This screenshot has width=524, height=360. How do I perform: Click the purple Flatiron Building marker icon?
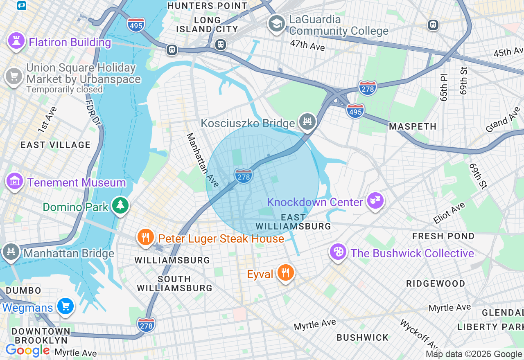(16, 41)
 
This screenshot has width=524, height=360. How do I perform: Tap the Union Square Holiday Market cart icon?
(14, 76)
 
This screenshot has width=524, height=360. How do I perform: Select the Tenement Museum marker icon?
(14, 181)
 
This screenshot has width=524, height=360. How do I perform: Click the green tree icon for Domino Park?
(120, 206)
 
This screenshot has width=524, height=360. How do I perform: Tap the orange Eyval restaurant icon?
(285, 273)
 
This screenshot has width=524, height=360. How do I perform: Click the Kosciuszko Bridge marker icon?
(307, 122)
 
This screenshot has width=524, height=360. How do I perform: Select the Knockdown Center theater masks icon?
(375, 201)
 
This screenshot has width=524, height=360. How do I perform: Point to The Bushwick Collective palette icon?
(339, 252)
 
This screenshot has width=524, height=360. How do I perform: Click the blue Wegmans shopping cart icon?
(65, 306)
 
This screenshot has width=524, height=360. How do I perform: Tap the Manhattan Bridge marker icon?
(11, 252)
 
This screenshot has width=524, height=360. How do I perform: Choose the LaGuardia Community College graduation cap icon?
(276, 24)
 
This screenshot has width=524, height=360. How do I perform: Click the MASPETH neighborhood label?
(412, 127)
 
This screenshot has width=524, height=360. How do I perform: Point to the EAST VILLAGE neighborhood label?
(56, 145)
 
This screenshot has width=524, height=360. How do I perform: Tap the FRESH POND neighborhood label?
(443, 236)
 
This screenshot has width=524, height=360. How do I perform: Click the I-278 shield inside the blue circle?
(244, 176)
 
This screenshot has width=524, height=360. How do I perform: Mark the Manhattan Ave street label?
(203, 160)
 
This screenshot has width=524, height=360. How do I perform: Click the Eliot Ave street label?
(449, 213)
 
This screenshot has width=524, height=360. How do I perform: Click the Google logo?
(27, 351)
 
